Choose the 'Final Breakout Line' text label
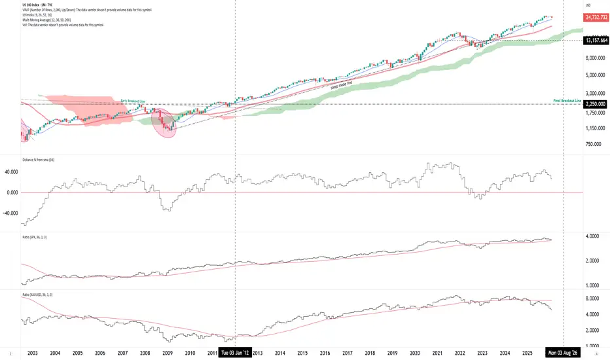567,101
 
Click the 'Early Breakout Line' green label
133,101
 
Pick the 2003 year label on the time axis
33,353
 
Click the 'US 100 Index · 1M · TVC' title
37,4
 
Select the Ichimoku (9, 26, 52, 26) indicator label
39,14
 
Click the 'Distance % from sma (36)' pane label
37,159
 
